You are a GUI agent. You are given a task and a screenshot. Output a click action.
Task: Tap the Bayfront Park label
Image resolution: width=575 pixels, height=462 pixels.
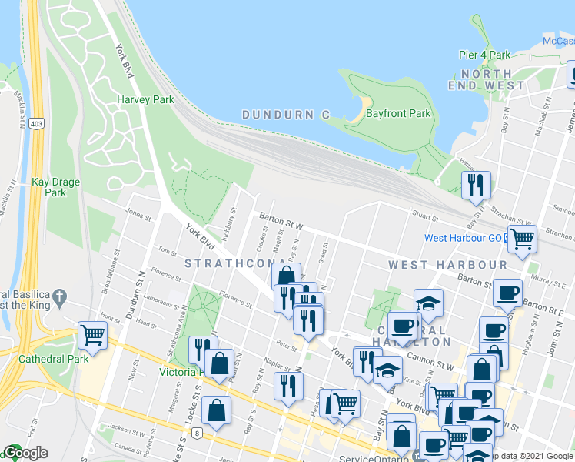(x=398, y=113)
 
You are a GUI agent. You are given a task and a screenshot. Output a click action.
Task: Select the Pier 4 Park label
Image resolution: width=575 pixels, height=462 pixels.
(x=485, y=55)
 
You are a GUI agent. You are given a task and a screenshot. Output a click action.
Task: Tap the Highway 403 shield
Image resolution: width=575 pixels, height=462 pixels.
(x=36, y=122)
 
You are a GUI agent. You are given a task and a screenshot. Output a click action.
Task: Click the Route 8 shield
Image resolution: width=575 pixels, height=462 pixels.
(x=198, y=434)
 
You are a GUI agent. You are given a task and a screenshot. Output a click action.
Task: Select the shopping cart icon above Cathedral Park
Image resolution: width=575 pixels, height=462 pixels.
(x=92, y=336)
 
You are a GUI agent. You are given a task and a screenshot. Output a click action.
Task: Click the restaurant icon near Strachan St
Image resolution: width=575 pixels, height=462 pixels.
(x=477, y=184)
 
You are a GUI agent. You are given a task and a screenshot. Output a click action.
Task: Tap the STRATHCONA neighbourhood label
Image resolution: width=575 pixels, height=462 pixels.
(x=229, y=264)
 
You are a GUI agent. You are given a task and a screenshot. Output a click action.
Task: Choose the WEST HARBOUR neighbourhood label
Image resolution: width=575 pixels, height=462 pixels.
(x=447, y=264)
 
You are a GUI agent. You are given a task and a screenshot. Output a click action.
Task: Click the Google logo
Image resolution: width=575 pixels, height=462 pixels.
(x=25, y=453)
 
